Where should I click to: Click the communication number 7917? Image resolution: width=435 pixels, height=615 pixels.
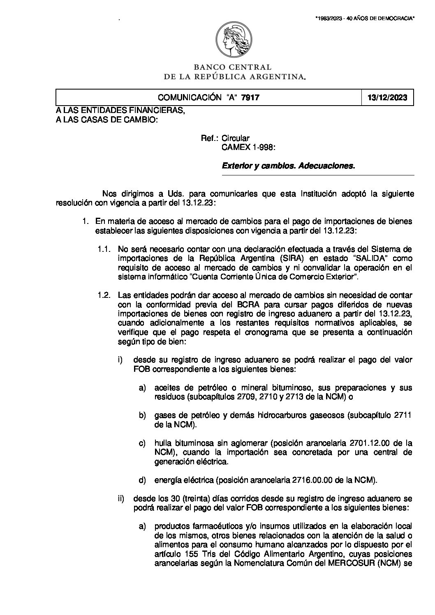[250, 97]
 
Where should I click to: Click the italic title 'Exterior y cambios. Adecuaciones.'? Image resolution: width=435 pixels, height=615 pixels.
[288, 166]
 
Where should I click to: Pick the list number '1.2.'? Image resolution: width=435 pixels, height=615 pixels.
[104, 295]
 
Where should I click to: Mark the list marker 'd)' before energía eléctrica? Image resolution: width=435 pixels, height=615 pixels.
[142, 480]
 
